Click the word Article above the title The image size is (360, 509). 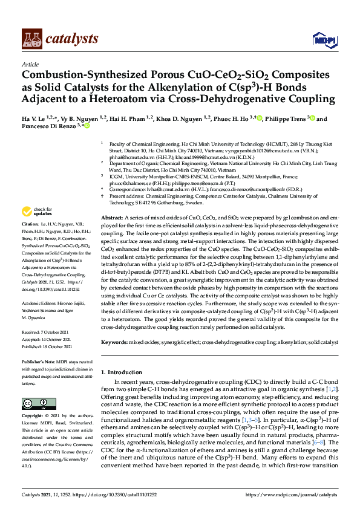[30, 64]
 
